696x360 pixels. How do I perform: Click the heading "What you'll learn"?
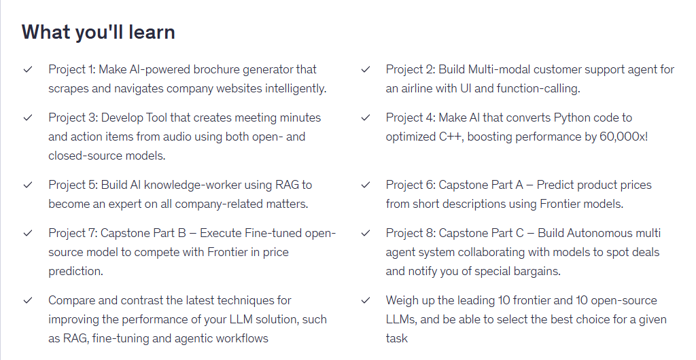coord(98,33)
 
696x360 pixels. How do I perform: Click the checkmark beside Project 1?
coord(28,69)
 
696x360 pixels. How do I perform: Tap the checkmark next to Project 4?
coord(365,118)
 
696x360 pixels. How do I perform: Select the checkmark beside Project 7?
coord(28,233)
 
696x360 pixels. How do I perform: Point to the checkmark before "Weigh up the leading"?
coord(365,301)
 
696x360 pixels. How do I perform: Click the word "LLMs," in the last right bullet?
coord(401,320)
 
